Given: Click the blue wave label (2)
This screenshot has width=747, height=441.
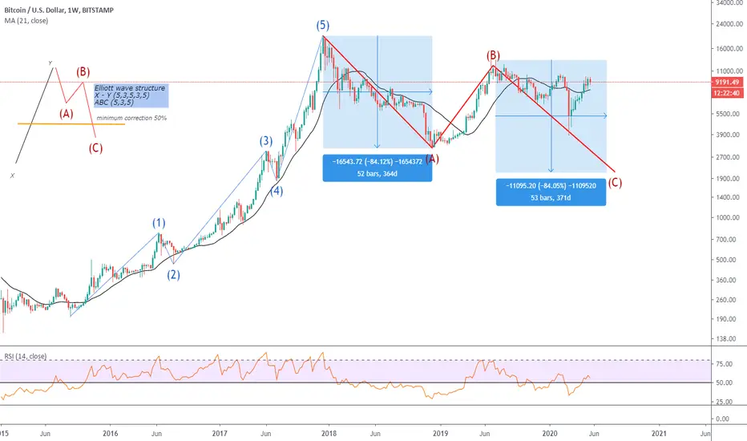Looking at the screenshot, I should (173, 274).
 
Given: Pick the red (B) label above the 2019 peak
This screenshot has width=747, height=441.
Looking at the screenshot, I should (493, 55).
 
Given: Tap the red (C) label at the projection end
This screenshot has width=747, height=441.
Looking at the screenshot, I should (615, 183).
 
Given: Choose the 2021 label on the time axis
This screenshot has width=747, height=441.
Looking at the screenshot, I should (657, 433).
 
